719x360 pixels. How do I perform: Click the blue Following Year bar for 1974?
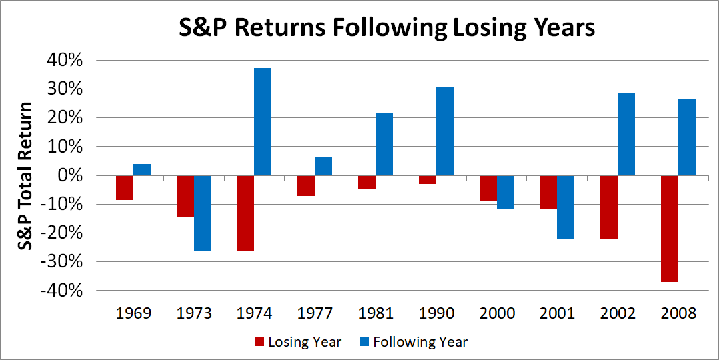pyautogui.click(x=263, y=122)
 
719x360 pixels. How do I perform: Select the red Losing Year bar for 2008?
pyautogui.click(x=669, y=229)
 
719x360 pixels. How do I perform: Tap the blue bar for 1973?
pyautogui.click(x=202, y=213)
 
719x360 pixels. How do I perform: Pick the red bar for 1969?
pyautogui.click(x=124, y=187)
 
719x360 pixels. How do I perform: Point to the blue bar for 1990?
pyautogui.click(x=444, y=131)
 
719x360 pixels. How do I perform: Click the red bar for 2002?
pyautogui.click(x=608, y=207)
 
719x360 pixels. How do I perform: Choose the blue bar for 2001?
pyautogui.click(x=566, y=207)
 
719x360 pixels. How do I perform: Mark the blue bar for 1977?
pyautogui.click(x=323, y=166)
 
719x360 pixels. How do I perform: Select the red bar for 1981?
pyautogui.click(x=366, y=182)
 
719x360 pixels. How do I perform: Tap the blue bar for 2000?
pyautogui.click(x=505, y=193)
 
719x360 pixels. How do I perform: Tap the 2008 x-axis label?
pyautogui.click(x=678, y=314)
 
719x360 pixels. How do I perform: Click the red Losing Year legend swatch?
pyautogui.click(x=259, y=343)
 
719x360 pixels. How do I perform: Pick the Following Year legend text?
pyautogui.click(x=420, y=343)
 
